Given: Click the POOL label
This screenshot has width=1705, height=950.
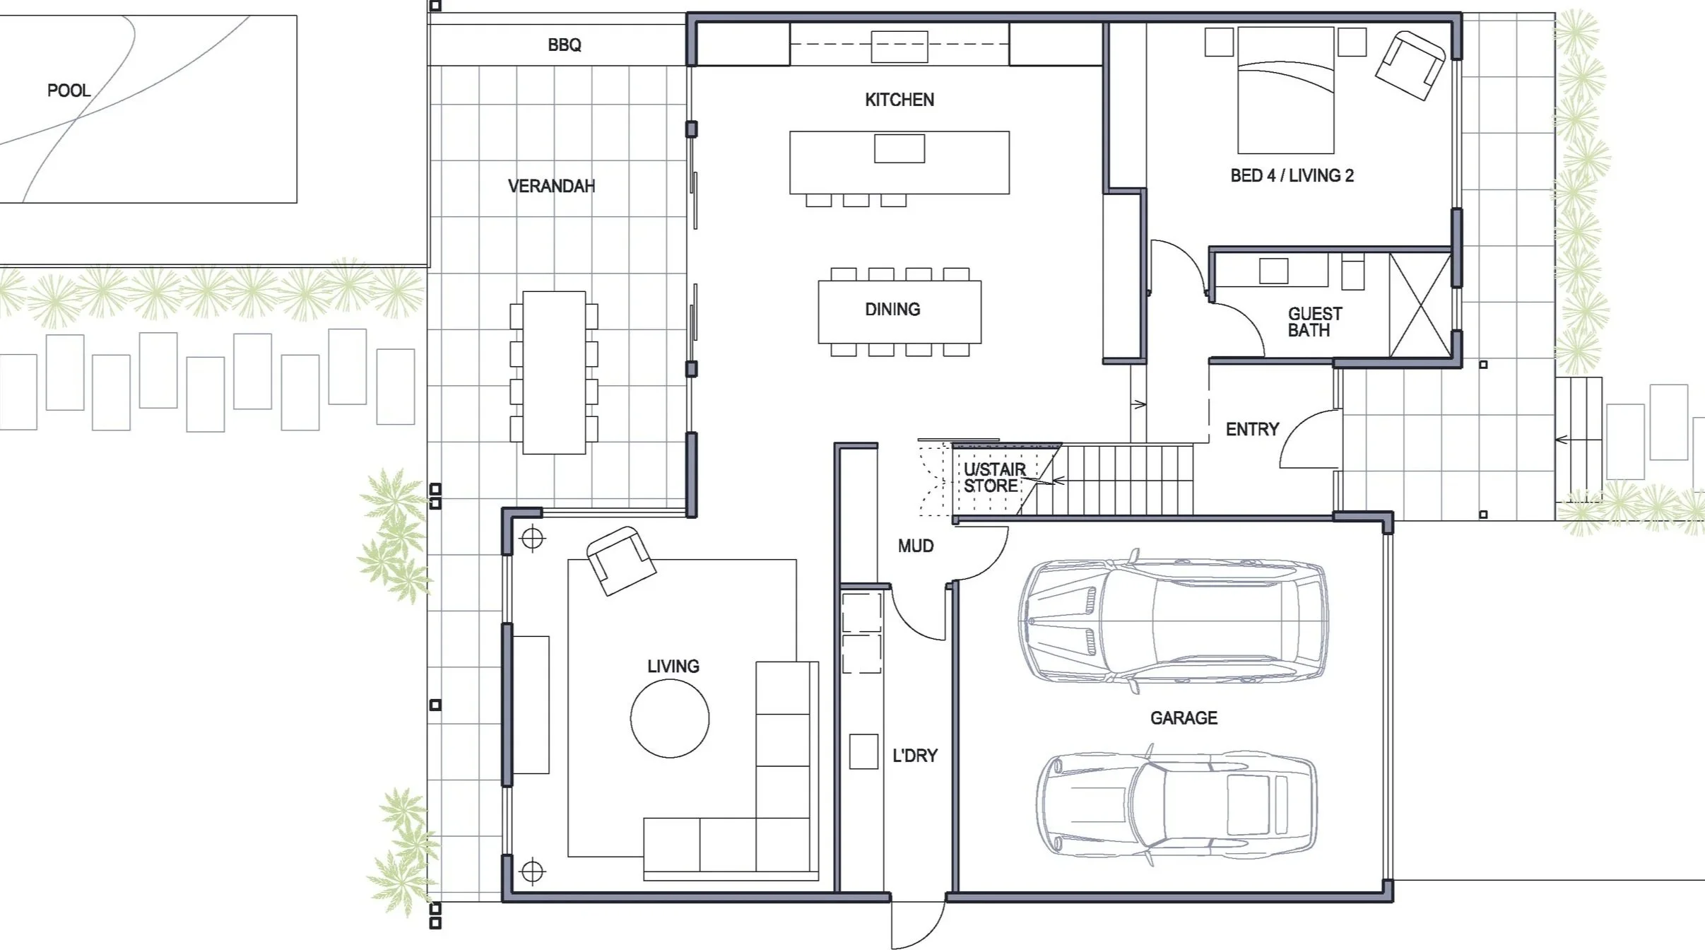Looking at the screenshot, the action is tap(69, 90).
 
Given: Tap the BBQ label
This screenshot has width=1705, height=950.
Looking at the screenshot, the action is tap(565, 45).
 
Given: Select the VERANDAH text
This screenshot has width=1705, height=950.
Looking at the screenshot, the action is tap(551, 186).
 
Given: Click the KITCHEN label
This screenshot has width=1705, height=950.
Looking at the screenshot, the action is tap(899, 100).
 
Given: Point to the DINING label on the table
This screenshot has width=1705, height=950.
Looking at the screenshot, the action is tap(892, 309).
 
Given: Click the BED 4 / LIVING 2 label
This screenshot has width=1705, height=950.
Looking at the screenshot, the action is tap(1292, 175).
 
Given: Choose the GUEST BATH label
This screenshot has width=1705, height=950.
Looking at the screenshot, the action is tap(1314, 322).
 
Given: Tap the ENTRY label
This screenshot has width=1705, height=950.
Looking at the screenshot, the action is tap(1252, 429).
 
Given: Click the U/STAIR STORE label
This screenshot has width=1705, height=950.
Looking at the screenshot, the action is tap(994, 477).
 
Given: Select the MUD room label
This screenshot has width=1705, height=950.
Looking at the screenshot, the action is tap(916, 546).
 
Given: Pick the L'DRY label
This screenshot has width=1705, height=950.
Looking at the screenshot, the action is tap(915, 756).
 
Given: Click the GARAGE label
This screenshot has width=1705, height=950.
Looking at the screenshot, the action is tap(1184, 718).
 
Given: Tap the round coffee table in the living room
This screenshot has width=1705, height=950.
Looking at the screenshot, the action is tap(670, 718).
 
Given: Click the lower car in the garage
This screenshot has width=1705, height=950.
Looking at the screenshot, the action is tap(1176, 804).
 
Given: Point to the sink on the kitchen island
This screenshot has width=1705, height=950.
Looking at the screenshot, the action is tap(899, 148).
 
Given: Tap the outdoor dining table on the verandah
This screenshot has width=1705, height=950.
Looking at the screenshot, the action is tap(554, 373).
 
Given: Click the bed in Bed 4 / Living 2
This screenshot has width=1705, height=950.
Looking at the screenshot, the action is tap(1286, 90).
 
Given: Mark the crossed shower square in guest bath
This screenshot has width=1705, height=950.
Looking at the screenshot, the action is tap(1420, 305).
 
